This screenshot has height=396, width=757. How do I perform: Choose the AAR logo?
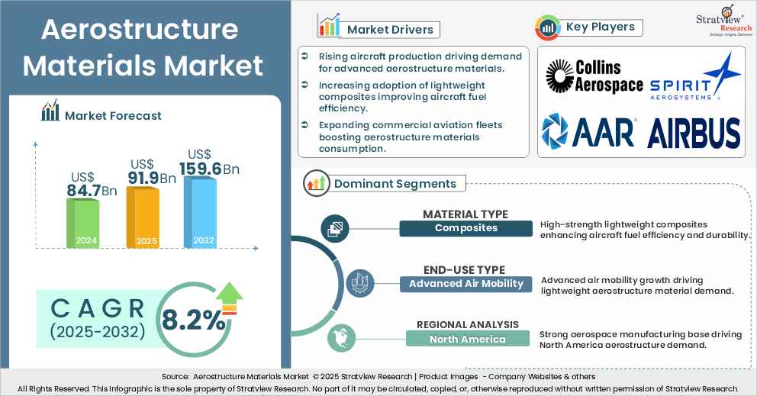pyautogui.click(x=588, y=131)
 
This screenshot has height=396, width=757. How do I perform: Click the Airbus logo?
pyautogui.click(x=693, y=133)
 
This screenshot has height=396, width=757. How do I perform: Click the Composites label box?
pyautogui.click(x=465, y=228)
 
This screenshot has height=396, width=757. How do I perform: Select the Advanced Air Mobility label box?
pyautogui.click(x=465, y=284)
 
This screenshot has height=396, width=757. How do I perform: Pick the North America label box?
pyautogui.click(x=466, y=339)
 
